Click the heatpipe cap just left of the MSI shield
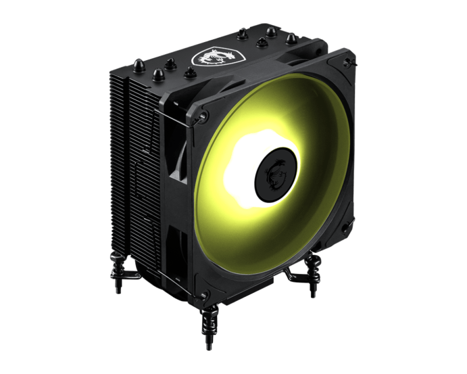click(x=189, y=72)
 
